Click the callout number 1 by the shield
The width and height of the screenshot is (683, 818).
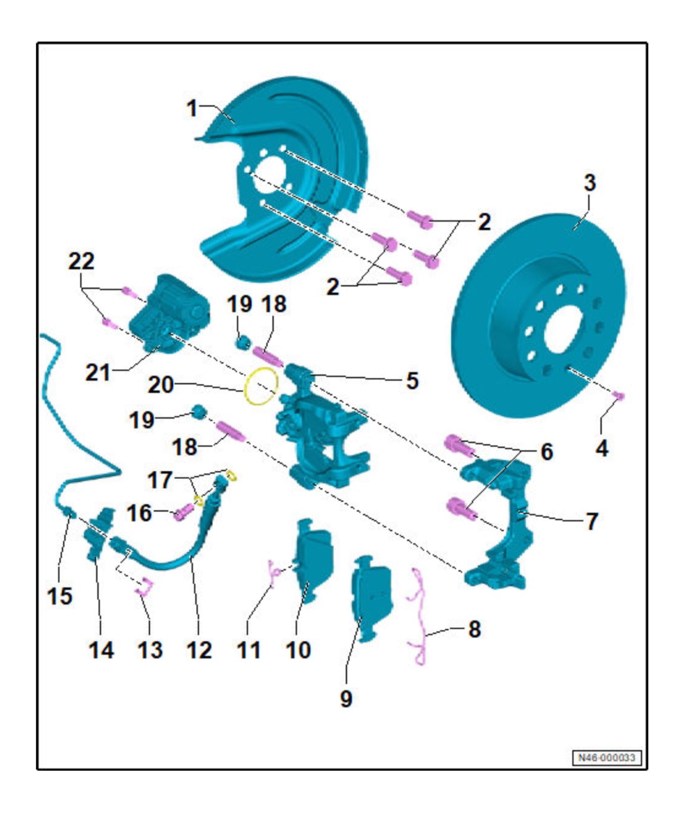tap(191, 108)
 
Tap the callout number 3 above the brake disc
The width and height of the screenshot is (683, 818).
tap(590, 183)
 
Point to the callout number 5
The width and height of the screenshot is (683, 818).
tap(412, 381)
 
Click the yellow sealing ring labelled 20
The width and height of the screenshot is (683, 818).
tap(261, 386)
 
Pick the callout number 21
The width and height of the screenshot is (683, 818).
tap(97, 373)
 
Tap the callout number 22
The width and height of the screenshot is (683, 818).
tap(81, 262)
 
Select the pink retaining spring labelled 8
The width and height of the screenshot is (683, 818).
tap(419, 616)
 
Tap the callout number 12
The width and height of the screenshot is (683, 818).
tap(199, 650)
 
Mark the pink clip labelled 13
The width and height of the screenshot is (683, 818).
tap(144, 587)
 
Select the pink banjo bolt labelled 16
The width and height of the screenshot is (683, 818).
tap(183, 513)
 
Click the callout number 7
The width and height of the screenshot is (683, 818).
tap(592, 521)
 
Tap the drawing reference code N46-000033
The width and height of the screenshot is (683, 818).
tap(606, 758)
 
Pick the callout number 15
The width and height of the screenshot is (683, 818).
tap(60, 596)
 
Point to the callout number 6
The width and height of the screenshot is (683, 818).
tap(547, 451)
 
